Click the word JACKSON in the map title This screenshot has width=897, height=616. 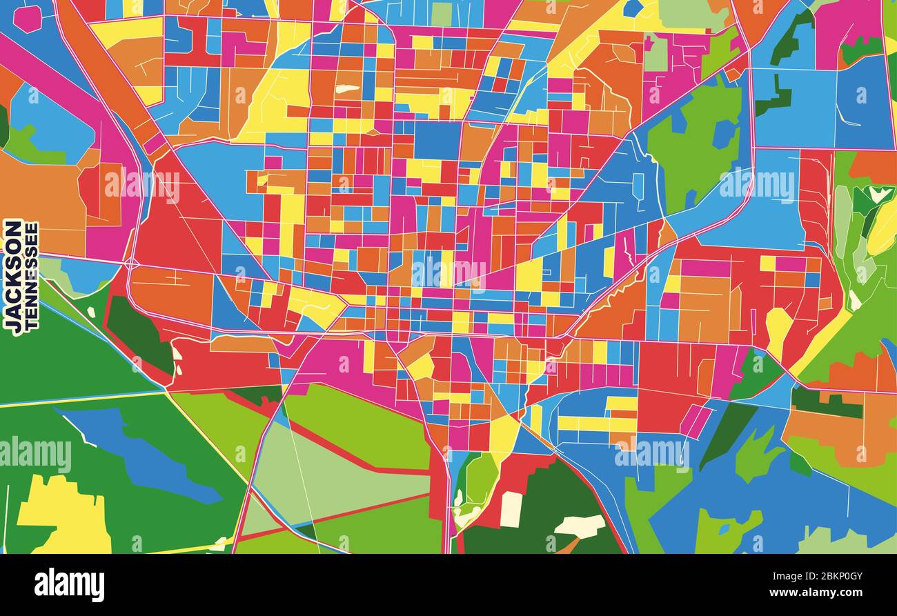point(13,276)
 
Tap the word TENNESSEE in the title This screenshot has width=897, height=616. point(32,276)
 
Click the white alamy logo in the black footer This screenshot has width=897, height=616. point(69,585)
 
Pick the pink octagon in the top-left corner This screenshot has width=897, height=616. point(28,18)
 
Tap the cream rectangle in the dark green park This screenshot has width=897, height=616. point(511,509)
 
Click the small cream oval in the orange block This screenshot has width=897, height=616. point(347,88)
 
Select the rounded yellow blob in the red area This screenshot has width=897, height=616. point(778,330)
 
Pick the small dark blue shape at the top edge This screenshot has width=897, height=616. point(632,8)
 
